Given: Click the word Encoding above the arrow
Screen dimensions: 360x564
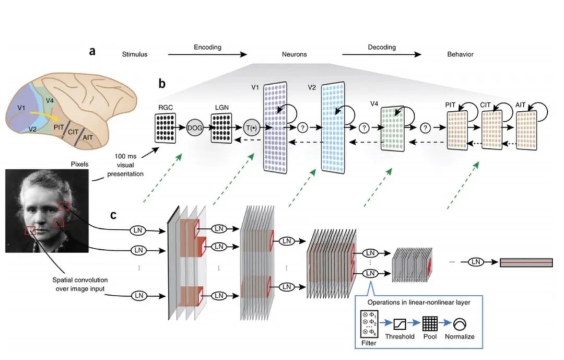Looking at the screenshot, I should click(x=208, y=47).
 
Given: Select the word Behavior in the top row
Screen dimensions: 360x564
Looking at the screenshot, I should click(x=460, y=54).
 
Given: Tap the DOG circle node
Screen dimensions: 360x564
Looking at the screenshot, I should click(x=194, y=127).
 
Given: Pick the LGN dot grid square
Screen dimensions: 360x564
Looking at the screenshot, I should click(x=220, y=128).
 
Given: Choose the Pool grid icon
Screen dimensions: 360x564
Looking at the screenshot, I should click(x=430, y=324).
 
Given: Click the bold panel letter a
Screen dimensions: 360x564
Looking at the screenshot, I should click(x=92, y=51).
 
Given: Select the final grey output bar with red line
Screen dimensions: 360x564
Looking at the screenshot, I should click(x=525, y=262).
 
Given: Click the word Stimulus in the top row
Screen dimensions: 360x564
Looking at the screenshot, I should click(x=135, y=54).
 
